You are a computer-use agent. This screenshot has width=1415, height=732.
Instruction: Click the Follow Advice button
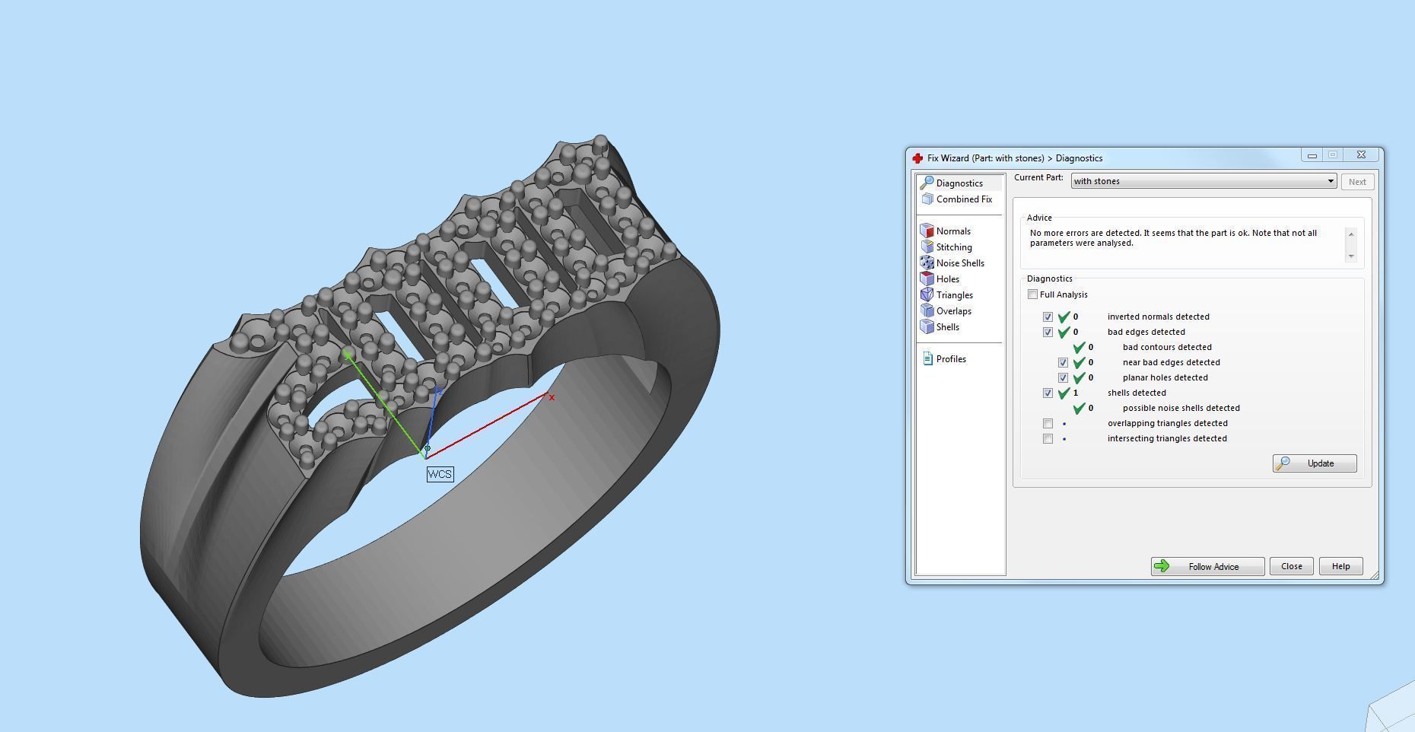1207,566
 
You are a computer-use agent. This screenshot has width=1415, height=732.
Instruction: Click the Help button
1340,566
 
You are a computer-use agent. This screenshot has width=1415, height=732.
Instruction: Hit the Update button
1315,463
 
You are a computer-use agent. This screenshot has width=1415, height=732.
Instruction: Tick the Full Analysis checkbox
1033,294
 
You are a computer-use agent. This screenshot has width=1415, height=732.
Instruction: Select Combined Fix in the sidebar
963,199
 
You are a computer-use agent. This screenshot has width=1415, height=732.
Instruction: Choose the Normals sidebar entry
952,231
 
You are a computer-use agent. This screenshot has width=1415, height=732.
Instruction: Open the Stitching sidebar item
953,247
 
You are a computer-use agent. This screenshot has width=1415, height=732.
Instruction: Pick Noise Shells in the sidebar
959,263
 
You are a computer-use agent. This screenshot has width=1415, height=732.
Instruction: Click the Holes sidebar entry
947,279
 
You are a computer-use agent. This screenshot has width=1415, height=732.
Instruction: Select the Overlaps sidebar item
953,311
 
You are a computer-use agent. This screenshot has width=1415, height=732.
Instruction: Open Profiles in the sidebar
950,359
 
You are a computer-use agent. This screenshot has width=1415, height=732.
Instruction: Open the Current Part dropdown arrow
1331,181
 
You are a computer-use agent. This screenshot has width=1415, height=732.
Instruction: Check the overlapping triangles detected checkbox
1048,423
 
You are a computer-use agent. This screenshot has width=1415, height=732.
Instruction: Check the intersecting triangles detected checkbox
1048,438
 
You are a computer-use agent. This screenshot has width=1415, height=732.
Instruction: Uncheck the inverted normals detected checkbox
1048,317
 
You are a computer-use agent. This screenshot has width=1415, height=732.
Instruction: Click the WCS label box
440,474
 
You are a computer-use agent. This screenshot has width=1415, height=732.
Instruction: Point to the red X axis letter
552,397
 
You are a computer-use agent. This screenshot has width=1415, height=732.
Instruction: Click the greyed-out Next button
1357,182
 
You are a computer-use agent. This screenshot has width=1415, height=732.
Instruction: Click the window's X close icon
1361,154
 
